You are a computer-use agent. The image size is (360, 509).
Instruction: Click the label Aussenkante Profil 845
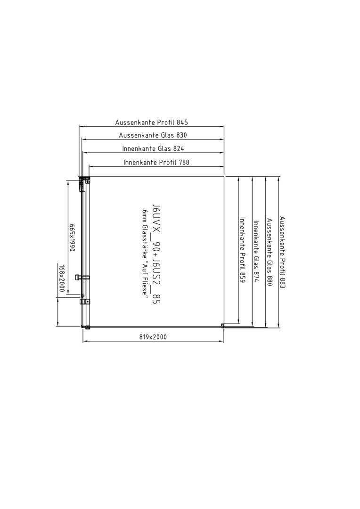click(151, 123)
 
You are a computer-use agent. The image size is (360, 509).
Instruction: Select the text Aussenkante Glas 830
click(153, 136)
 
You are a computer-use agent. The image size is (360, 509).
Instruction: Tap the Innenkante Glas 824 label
click(153, 149)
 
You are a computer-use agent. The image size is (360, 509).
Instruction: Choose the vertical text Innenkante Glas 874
click(256, 251)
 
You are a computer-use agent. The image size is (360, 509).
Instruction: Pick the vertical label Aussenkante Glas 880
click(269, 249)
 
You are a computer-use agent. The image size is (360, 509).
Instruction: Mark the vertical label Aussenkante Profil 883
click(282, 252)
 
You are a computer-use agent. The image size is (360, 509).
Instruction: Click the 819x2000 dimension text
click(153, 337)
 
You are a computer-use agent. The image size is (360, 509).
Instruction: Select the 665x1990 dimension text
click(72, 238)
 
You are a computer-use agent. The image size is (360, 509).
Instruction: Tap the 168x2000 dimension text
click(61, 278)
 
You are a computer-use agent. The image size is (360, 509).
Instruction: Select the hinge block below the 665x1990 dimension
click(84, 301)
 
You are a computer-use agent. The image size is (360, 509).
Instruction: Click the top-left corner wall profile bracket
click(84, 179)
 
